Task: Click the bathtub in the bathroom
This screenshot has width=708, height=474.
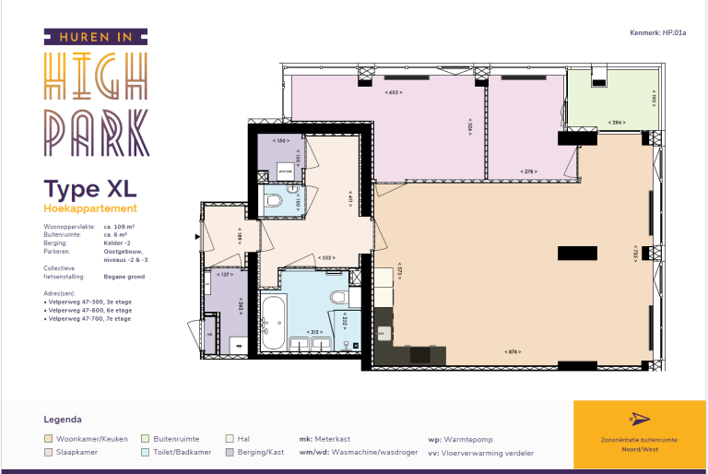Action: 273,322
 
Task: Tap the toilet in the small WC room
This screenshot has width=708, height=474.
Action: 275,200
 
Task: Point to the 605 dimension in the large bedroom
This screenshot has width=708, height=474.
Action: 394,92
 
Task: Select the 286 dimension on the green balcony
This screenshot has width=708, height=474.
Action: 618,122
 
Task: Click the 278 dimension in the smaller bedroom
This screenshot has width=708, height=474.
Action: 528,172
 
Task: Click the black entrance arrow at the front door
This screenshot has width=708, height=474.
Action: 196,236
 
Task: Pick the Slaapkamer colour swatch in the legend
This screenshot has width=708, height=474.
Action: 49,452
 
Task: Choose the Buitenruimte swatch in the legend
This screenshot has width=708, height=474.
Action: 146,439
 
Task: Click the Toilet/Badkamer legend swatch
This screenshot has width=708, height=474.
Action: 146,452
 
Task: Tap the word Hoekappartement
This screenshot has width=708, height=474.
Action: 90,209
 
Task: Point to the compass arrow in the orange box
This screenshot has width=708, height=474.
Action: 632,420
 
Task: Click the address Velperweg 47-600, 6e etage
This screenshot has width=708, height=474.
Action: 88,310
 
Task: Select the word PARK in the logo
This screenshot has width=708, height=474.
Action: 97,133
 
